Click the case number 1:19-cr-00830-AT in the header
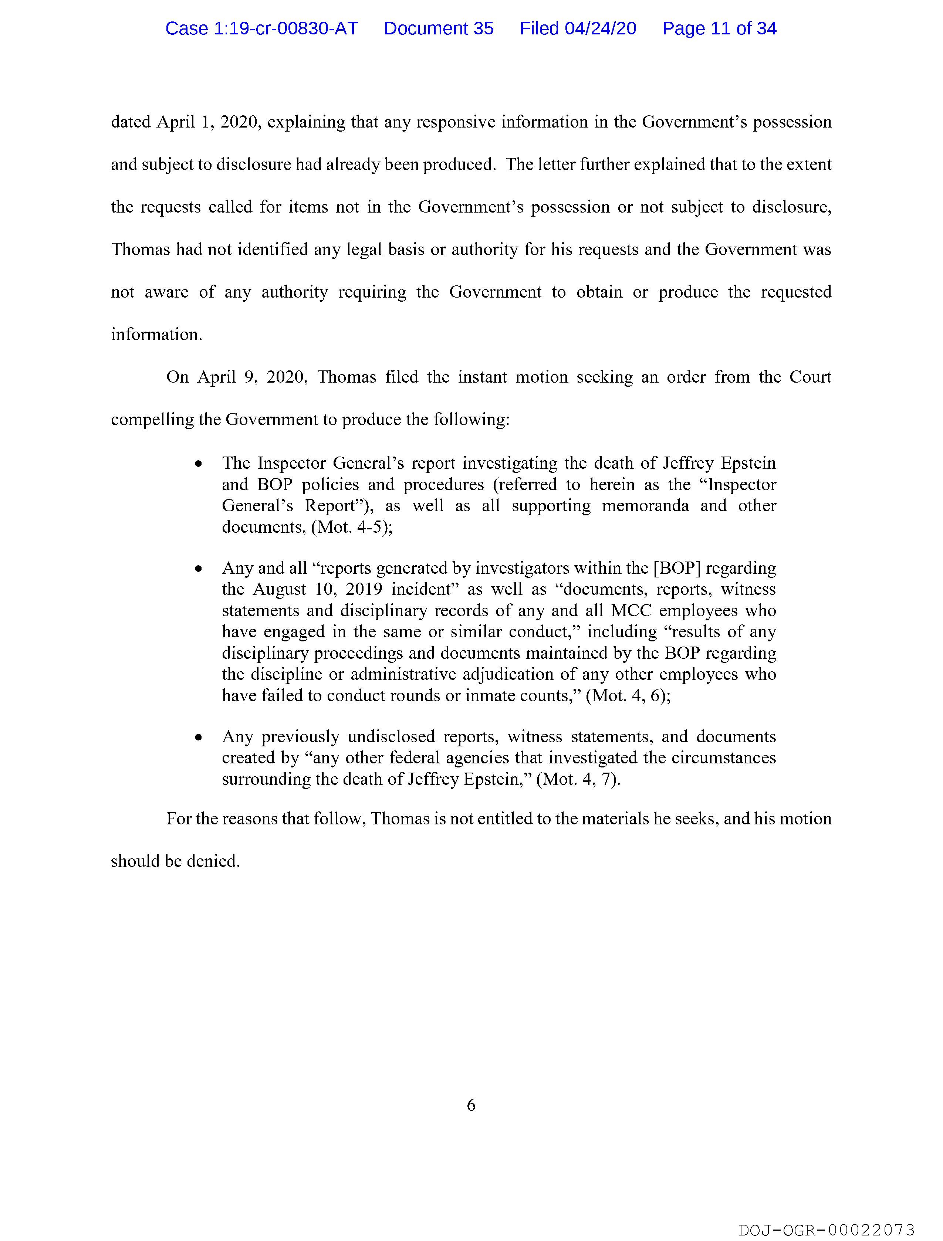coord(261,28)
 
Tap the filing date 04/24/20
coord(600,28)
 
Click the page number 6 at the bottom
coord(471,1105)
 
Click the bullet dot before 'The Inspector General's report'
coord(198,465)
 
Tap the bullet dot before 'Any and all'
coord(198,569)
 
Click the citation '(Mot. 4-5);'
coord(352,528)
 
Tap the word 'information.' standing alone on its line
coord(156,335)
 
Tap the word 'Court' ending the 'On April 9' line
coord(810,377)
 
